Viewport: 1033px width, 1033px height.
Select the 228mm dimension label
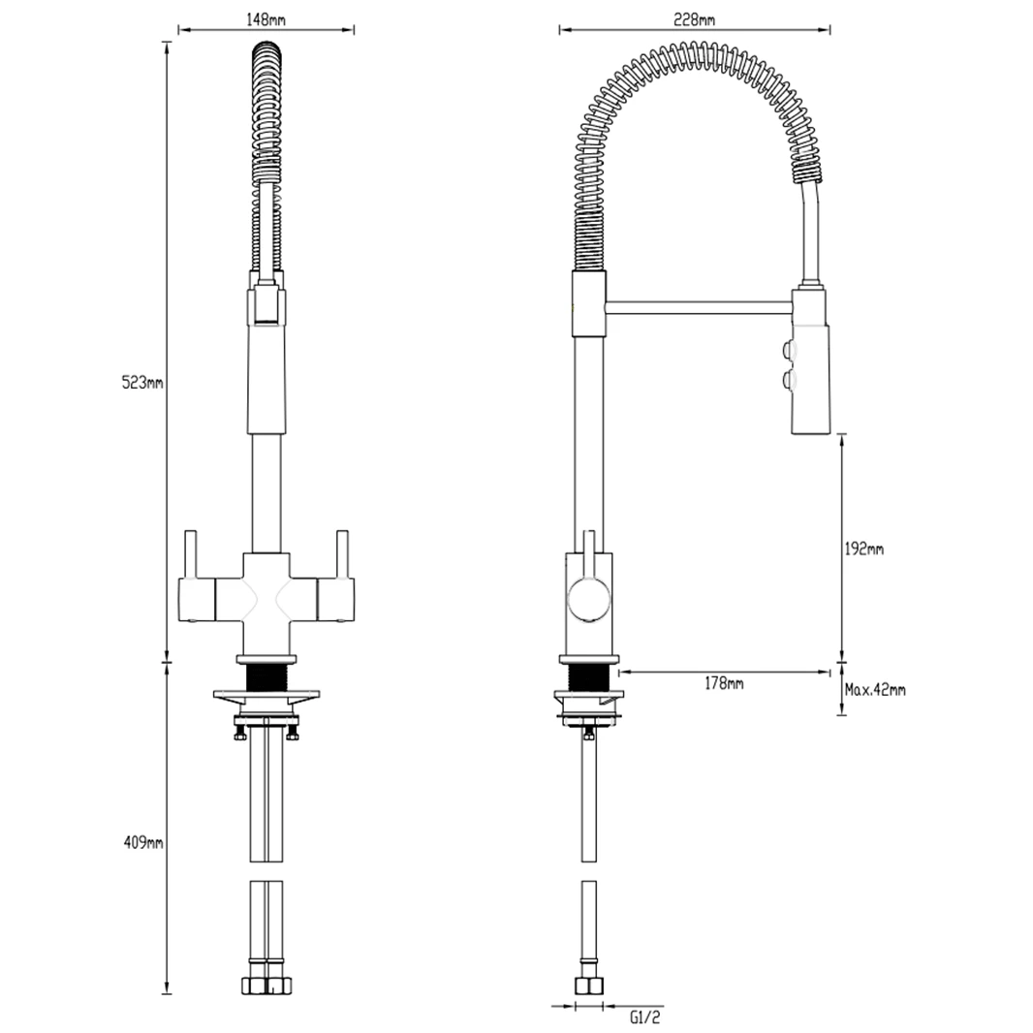(x=696, y=19)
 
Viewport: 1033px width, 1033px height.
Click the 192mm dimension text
(x=864, y=549)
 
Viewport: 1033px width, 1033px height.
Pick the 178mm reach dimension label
(x=724, y=684)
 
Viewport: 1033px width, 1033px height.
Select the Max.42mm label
(x=875, y=690)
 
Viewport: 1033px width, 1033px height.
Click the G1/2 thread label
(x=643, y=1017)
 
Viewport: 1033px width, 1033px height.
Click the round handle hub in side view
(x=587, y=596)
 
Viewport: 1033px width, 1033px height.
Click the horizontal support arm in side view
(x=698, y=307)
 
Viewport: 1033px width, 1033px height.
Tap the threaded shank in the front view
(x=267, y=676)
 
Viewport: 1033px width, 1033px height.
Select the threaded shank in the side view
(x=588, y=677)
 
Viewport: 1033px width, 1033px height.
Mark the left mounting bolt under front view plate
(x=238, y=734)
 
